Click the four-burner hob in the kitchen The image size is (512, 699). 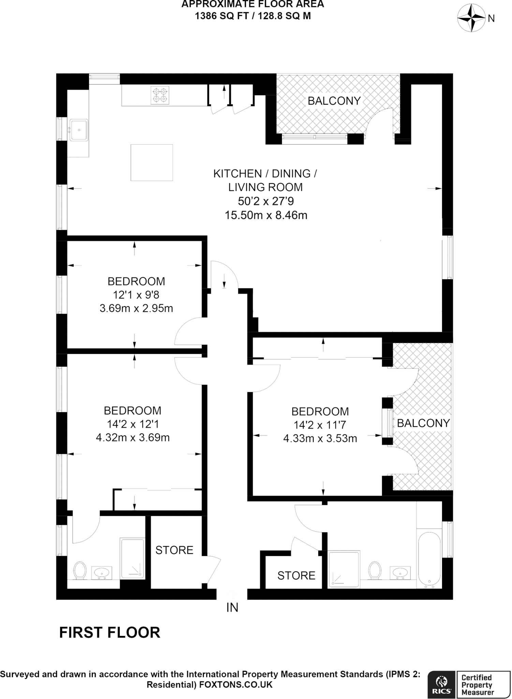click(x=160, y=95)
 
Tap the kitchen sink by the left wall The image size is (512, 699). click(x=79, y=130)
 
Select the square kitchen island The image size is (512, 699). click(x=151, y=162)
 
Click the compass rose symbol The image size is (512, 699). click(x=471, y=18)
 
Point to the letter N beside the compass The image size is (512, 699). click(x=491, y=19)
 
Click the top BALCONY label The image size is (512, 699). click(x=334, y=101)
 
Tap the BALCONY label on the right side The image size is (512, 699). click(x=423, y=423)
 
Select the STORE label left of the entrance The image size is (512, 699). click(x=174, y=550)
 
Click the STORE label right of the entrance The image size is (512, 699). click(x=296, y=576)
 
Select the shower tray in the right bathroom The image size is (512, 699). click(x=344, y=569)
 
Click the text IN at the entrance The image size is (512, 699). click(x=232, y=608)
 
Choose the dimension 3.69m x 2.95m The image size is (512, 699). click(x=136, y=309)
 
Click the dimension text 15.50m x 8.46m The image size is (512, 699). click(x=266, y=215)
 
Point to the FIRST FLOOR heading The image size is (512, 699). click(x=109, y=632)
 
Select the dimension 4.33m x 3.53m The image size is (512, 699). click(x=320, y=439)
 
